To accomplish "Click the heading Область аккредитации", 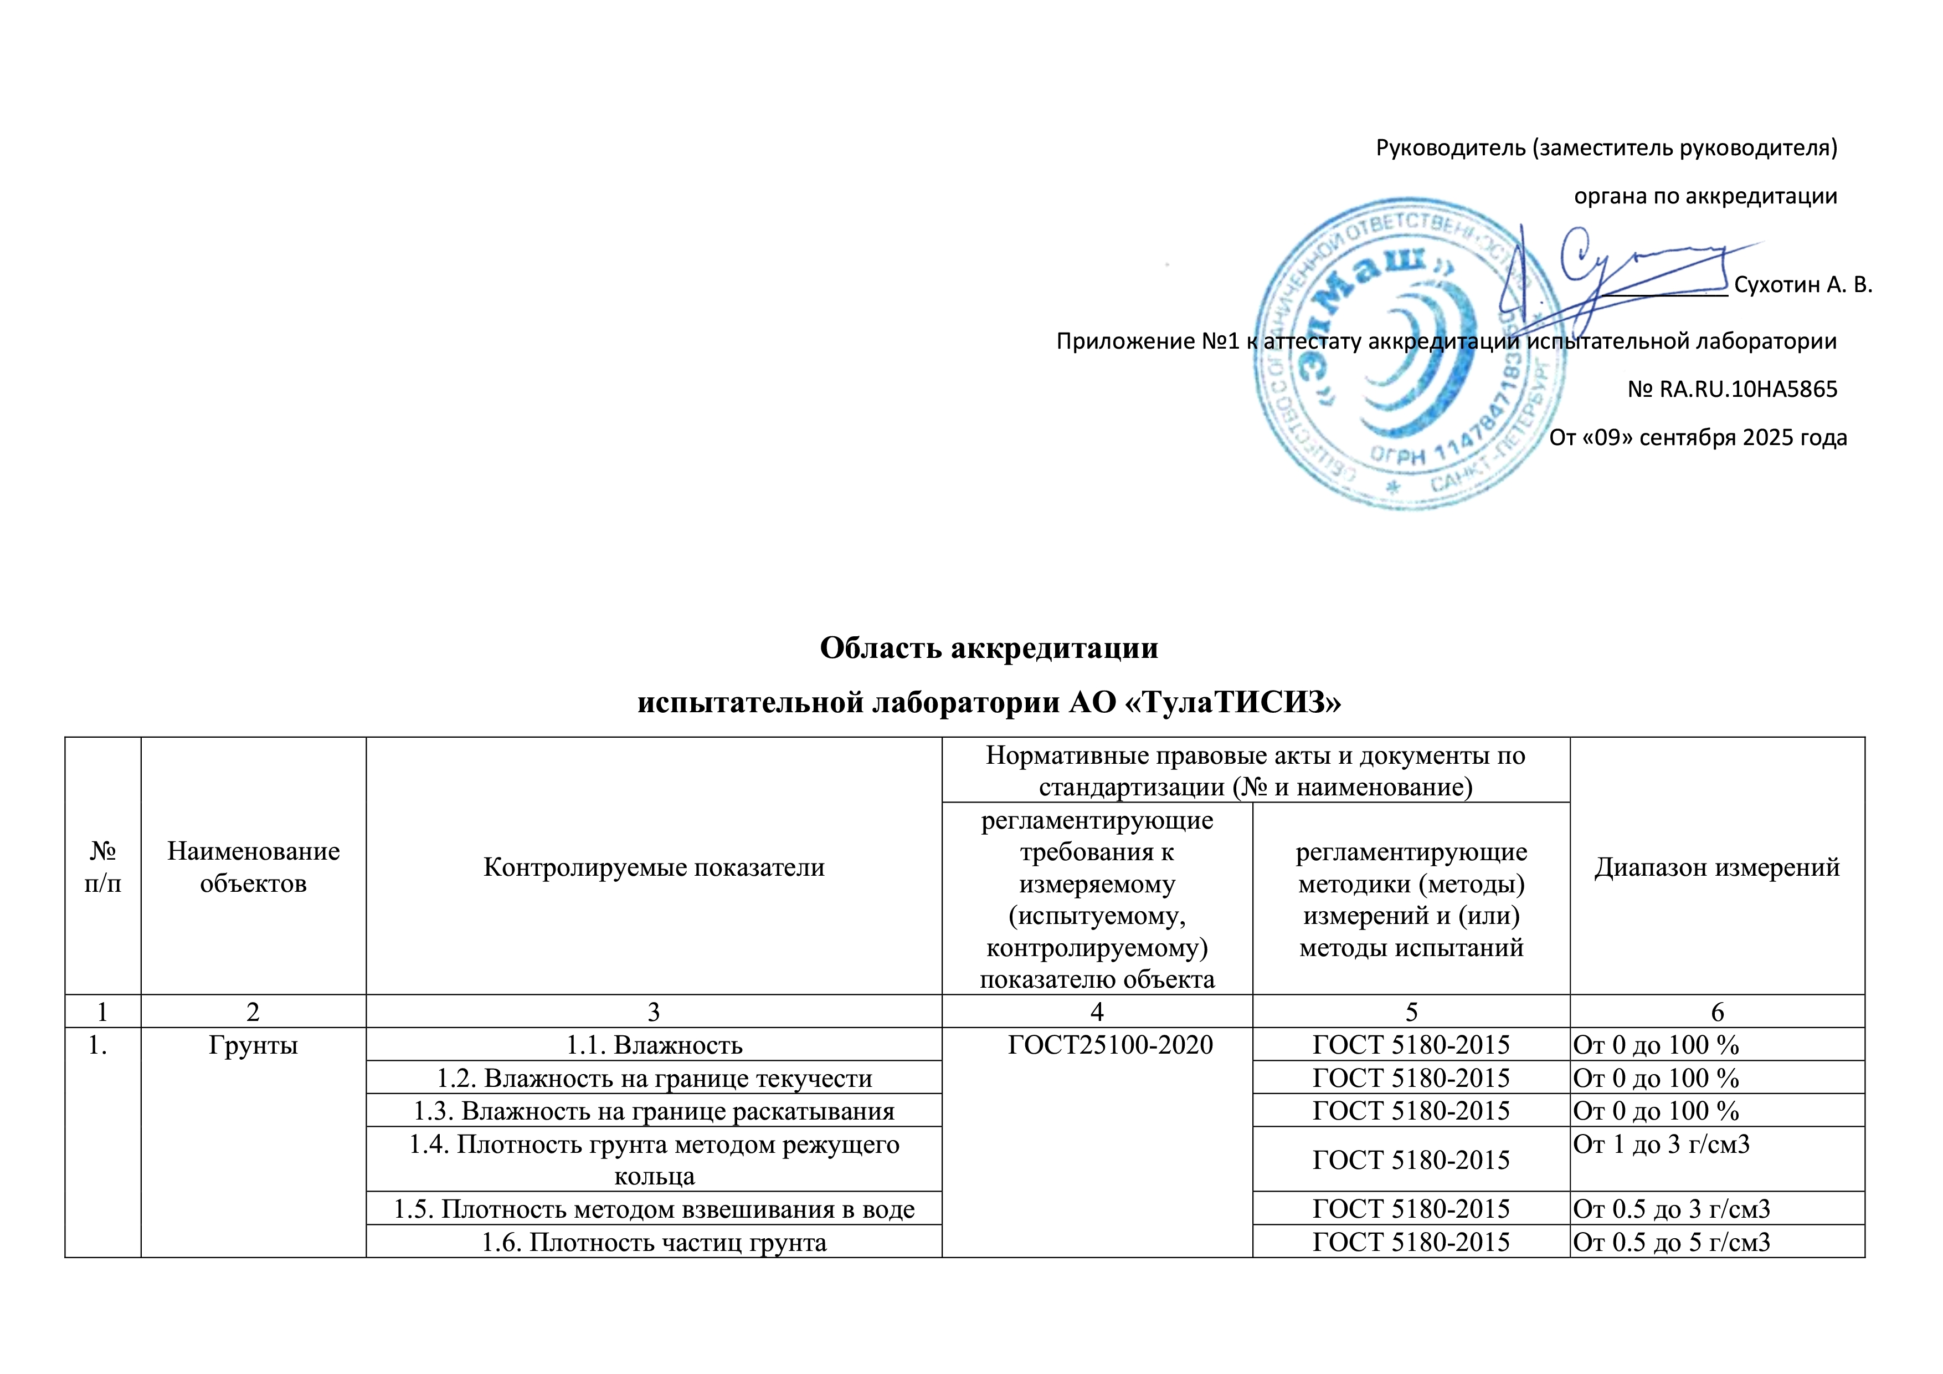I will (989, 647).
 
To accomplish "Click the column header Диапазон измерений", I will (1716, 867).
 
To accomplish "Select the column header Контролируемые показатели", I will (654, 867).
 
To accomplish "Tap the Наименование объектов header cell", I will (253, 867).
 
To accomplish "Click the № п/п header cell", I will (102, 867).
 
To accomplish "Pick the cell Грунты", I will (253, 1045).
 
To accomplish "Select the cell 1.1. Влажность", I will (654, 1045).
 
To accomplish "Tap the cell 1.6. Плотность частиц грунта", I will (654, 1242).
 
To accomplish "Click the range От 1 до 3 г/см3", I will (1661, 1145).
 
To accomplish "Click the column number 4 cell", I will (1097, 1012).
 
